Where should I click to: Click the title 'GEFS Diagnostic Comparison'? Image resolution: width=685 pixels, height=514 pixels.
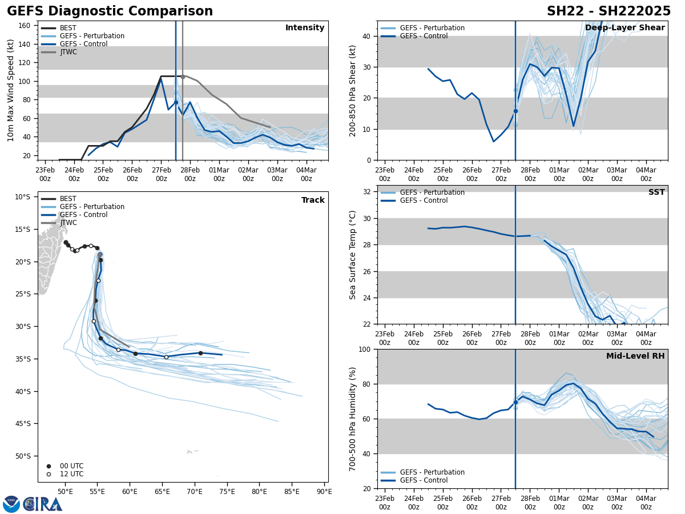coord(110,11)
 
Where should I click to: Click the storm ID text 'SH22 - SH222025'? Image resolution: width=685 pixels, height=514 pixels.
coord(609,11)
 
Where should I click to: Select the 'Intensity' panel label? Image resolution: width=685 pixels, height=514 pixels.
coord(305,28)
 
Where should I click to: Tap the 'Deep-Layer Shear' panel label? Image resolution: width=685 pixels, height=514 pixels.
coord(624,28)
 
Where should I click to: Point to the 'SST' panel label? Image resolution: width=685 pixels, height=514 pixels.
coord(656,192)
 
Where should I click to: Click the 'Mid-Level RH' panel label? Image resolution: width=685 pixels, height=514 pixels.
coord(635,356)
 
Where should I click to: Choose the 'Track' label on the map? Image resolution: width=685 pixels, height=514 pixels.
coord(313,200)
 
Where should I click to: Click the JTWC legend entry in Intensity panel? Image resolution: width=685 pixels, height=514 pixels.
coord(68,52)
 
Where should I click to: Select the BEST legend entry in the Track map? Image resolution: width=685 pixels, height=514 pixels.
coord(68,199)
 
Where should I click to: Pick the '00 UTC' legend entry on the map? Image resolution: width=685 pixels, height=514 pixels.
coord(71,466)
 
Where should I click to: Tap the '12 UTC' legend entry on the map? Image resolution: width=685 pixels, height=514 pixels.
coord(71,474)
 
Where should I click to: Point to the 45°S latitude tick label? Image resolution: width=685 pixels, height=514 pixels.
coord(23,424)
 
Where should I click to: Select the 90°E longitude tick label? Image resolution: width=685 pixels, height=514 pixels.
coord(324,492)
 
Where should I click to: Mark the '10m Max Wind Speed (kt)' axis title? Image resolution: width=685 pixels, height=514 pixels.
coord(11,90)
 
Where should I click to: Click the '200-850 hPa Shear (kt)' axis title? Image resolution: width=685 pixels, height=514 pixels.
coord(353,90)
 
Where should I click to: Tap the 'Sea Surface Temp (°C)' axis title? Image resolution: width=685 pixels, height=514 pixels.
coord(353,255)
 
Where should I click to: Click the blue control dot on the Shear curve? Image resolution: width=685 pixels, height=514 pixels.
coord(515,111)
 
